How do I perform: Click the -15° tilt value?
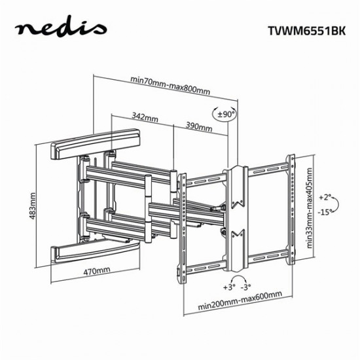(x=327, y=212)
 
